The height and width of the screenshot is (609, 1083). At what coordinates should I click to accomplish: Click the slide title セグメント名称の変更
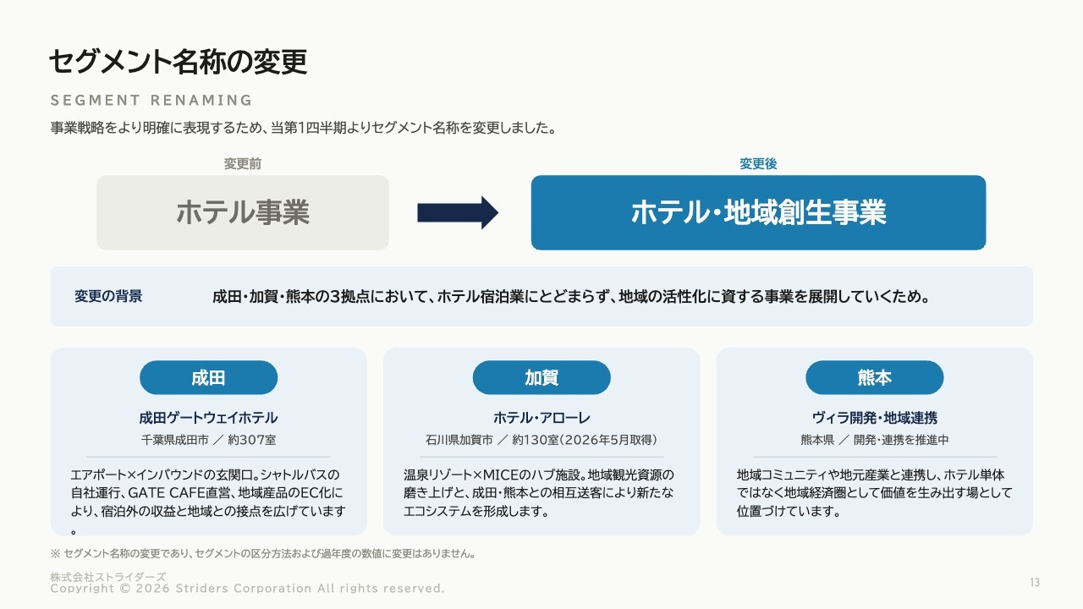178,62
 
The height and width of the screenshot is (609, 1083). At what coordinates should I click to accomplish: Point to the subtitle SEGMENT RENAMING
151,101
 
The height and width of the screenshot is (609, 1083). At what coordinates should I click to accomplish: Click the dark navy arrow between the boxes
458,212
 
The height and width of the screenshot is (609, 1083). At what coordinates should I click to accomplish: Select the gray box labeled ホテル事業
243,212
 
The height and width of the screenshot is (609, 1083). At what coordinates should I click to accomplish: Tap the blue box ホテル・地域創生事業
758,212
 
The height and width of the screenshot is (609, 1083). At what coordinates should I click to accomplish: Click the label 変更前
243,164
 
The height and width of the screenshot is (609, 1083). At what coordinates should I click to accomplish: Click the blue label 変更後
758,164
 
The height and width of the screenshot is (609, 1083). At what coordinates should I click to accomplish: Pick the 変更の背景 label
108,296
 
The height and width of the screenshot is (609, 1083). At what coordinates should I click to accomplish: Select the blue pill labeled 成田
208,377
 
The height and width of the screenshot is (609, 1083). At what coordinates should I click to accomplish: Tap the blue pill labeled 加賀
541,377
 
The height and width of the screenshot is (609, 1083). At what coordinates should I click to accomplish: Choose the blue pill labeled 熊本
874,377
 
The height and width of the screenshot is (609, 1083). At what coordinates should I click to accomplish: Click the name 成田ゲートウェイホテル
208,418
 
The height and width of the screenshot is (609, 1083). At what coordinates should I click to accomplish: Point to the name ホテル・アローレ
541,418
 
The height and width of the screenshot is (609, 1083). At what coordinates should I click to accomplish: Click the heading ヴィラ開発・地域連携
874,418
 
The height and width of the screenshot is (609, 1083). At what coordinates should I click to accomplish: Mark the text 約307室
252,440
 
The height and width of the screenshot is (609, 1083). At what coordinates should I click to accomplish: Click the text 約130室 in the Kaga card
536,440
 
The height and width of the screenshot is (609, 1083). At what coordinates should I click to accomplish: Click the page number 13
1035,583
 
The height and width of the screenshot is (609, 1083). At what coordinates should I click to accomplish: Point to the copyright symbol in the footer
125,589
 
